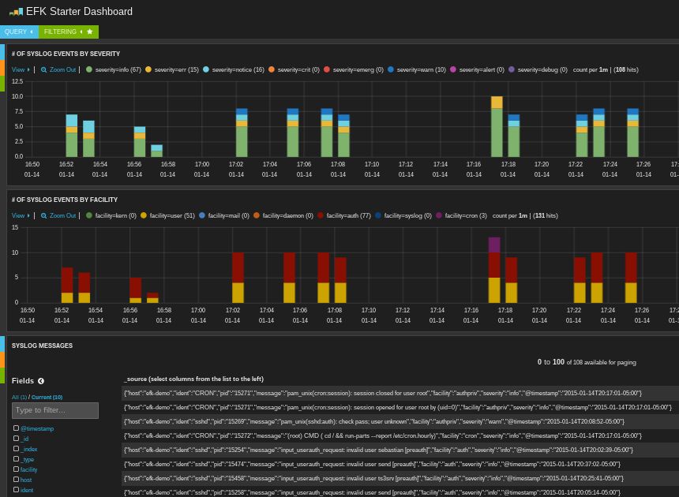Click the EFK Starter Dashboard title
(x=79, y=11)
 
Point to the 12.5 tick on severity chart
(x=17, y=81)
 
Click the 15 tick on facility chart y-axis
(x=15, y=227)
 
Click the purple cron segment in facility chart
(x=494, y=245)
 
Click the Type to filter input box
(x=54, y=410)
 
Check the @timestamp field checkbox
(x=16, y=428)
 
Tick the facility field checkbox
(x=16, y=469)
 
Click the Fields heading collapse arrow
(x=41, y=381)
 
